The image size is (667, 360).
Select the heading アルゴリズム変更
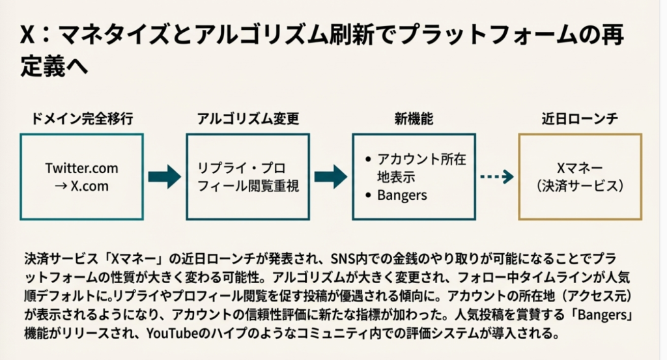point(247,119)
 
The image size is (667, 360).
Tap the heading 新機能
point(414,119)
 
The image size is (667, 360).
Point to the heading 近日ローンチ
point(580,119)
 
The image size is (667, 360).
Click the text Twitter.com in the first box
point(81,168)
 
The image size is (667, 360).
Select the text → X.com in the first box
point(81,186)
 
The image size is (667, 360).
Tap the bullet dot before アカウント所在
point(370,159)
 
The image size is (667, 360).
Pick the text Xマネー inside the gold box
point(580,168)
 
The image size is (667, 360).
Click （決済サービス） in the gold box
point(580,186)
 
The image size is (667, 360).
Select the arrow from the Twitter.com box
point(164,176)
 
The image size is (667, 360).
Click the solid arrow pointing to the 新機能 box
point(330,176)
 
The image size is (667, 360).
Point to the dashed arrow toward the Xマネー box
point(496,176)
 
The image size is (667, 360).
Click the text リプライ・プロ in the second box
point(241,168)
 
